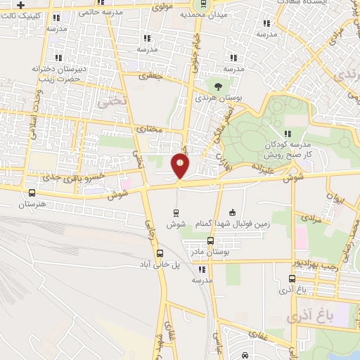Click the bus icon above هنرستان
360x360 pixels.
[31, 192]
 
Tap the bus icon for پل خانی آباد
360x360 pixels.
[160, 254]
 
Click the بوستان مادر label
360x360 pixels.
[205, 251]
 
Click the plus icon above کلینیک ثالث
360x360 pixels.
[22, 4]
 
